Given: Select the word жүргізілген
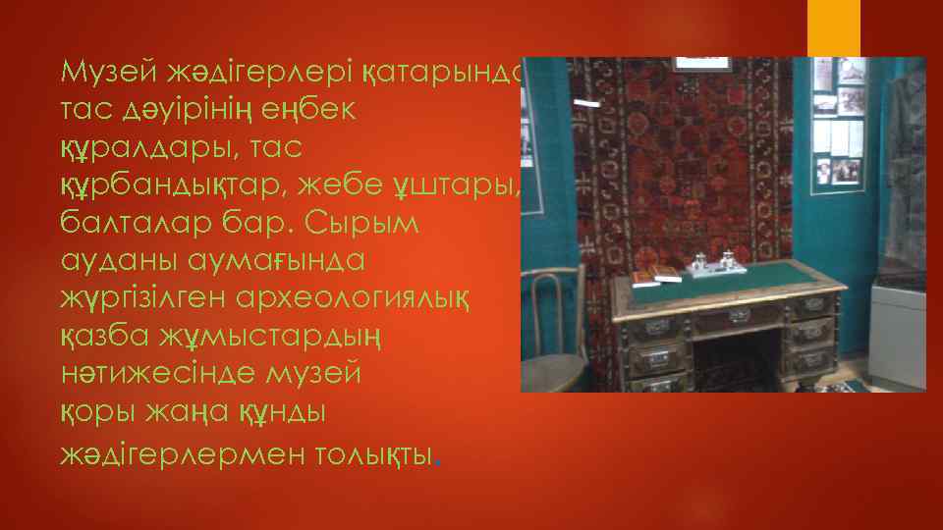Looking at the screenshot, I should [x=140, y=298].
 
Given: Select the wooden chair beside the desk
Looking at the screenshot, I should [x=550, y=334].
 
